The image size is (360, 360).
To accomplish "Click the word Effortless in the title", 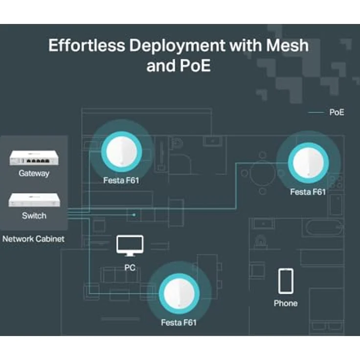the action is (87, 45).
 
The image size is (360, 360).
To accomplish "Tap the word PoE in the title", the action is (195, 66).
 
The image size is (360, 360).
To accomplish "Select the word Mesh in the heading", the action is (287, 45).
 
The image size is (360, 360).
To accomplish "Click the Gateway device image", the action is (34, 157).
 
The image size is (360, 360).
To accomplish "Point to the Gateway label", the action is (34, 174).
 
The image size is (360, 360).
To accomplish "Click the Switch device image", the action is (34, 200).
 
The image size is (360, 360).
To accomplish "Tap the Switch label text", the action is (34, 216).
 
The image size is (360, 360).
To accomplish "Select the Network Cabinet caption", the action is (33, 239).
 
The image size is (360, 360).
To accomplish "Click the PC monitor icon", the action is (130, 246).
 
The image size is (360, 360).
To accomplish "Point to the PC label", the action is (130, 268).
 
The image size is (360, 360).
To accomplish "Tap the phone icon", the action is (286, 281).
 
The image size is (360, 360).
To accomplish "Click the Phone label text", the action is (286, 303).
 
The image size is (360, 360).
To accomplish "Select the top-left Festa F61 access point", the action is (121, 152).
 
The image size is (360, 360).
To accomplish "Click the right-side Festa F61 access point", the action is (308, 162).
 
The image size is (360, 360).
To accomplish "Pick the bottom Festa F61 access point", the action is (179, 293).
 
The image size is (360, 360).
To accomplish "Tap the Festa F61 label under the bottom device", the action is (179, 323).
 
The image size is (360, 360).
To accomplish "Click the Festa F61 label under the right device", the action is (308, 192).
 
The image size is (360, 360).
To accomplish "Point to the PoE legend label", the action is (337, 112).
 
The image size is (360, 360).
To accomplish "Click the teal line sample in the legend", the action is (316, 112).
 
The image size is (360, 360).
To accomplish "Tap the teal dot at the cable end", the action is (134, 215).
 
